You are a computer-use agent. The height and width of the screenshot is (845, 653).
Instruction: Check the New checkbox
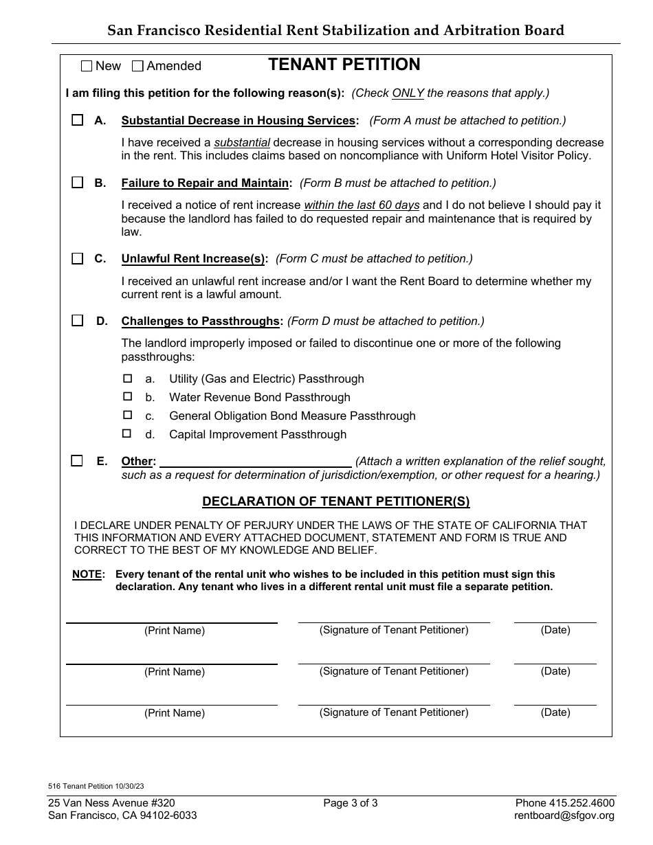pyautogui.click(x=86, y=66)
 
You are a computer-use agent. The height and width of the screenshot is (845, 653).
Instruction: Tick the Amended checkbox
pyautogui.click(x=137, y=66)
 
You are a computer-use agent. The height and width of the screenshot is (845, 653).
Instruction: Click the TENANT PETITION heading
pyautogui.click(x=344, y=65)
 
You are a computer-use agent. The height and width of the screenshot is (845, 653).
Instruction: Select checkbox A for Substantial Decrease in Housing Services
pyautogui.click(x=77, y=120)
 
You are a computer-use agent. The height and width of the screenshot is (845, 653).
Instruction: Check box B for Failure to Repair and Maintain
pyautogui.click(x=77, y=183)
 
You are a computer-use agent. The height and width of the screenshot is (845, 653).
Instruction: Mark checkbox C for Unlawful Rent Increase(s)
pyautogui.click(x=77, y=258)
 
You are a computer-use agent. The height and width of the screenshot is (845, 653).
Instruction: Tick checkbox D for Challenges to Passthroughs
pyautogui.click(x=77, y=321)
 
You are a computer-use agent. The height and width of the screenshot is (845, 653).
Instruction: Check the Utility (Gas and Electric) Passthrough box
pyautogui.click(x=127, y=379)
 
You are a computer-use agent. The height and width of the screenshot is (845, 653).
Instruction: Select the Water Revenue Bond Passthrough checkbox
pyautogui.click(x=127, y=397)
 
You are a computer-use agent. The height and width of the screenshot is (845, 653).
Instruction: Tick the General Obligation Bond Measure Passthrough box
pyautogui.click(x=127, y=416)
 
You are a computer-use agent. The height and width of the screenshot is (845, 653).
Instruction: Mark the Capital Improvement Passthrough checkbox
pyautogui.click(x=127, y=434)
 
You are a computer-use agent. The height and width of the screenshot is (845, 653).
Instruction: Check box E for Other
pyautogui.click(x=77, y=461)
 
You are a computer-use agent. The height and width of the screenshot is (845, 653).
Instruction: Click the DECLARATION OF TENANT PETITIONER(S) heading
pyautogui.click(x=336, y=502)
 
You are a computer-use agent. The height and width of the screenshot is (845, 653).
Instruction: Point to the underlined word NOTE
pyautogui.click(x=87, y=574)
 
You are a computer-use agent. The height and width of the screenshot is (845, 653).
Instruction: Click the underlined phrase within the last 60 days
pyautogui.click(x=362, y=205)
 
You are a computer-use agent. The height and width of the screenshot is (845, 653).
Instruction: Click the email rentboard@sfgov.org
pyautogui.click(x=564, y=815)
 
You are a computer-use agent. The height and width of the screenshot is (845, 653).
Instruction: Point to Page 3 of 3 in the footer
pyautogui.click(x=351, y=803)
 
